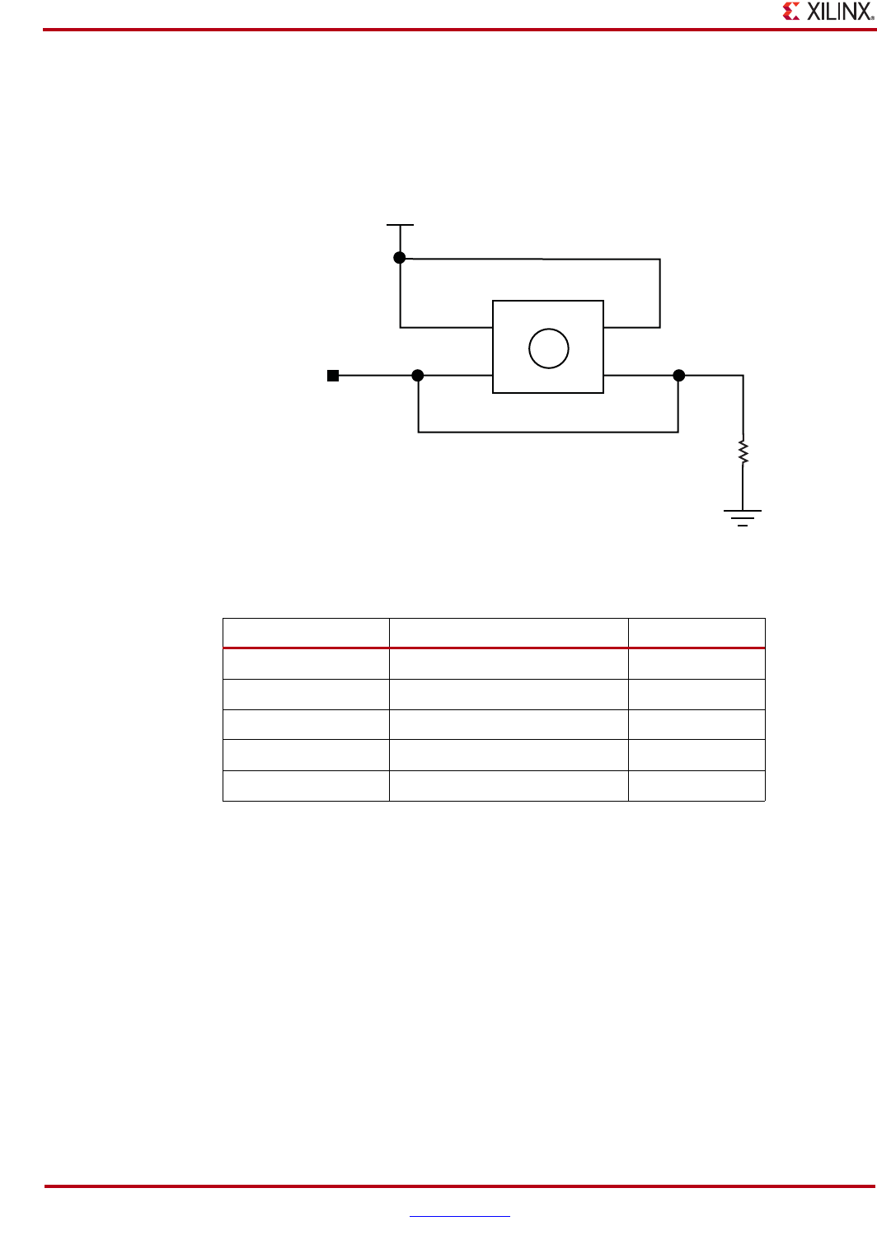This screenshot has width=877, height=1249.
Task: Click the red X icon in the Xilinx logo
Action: pos(791,12)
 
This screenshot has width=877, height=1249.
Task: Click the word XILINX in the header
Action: pos(836,12)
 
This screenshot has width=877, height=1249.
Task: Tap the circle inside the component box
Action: pos(548,348)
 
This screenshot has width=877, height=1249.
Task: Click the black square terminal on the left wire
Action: pos(333,376)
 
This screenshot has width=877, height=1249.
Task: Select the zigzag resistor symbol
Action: pos(743,451)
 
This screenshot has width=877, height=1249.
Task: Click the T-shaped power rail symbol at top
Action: pos(400,225)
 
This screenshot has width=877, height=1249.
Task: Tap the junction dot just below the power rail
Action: pos(400,258)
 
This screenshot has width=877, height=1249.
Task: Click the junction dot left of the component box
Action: pos(418,376)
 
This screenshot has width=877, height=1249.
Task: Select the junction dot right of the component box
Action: pos(678,376)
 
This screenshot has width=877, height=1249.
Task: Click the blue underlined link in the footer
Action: pos(459,1215)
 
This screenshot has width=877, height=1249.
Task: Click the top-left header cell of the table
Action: pos(306,633)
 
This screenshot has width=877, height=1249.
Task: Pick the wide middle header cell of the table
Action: pos(509,633)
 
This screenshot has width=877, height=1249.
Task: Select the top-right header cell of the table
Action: pos(696,633)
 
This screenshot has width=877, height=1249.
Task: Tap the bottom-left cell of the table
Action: pos(306,786)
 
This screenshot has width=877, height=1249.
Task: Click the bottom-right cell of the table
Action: pos(696,786)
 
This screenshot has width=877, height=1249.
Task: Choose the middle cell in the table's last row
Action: pos(509,786)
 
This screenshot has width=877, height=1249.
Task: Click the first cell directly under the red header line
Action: pos(306,664)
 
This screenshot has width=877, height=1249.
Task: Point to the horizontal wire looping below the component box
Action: pos(548,432)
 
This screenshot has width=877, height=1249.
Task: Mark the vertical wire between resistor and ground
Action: pos(743,488)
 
